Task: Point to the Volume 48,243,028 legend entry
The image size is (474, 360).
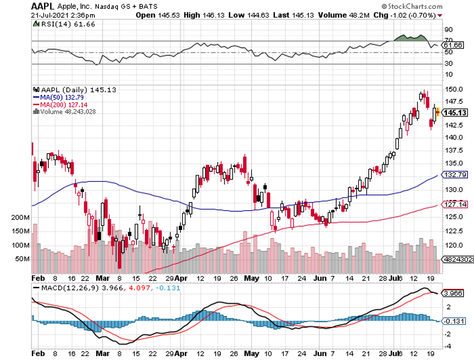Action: (x=71, y=111)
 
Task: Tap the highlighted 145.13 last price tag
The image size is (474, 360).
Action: (x=455, y=113)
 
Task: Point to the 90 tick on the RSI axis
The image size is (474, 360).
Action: (x=448, y=29)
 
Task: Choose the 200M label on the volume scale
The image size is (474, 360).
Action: (x=20, y=218)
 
